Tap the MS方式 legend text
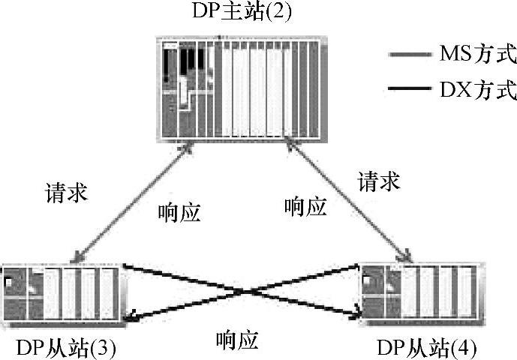[473, 54]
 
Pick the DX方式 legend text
[473, 91]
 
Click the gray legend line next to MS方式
[410, 55]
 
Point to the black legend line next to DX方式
[410, 91]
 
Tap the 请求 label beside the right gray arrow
[378, 181]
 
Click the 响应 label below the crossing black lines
[236, 341]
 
